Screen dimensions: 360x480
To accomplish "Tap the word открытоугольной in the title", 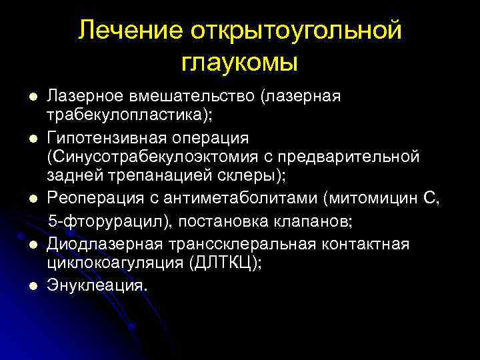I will pos(296,31).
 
